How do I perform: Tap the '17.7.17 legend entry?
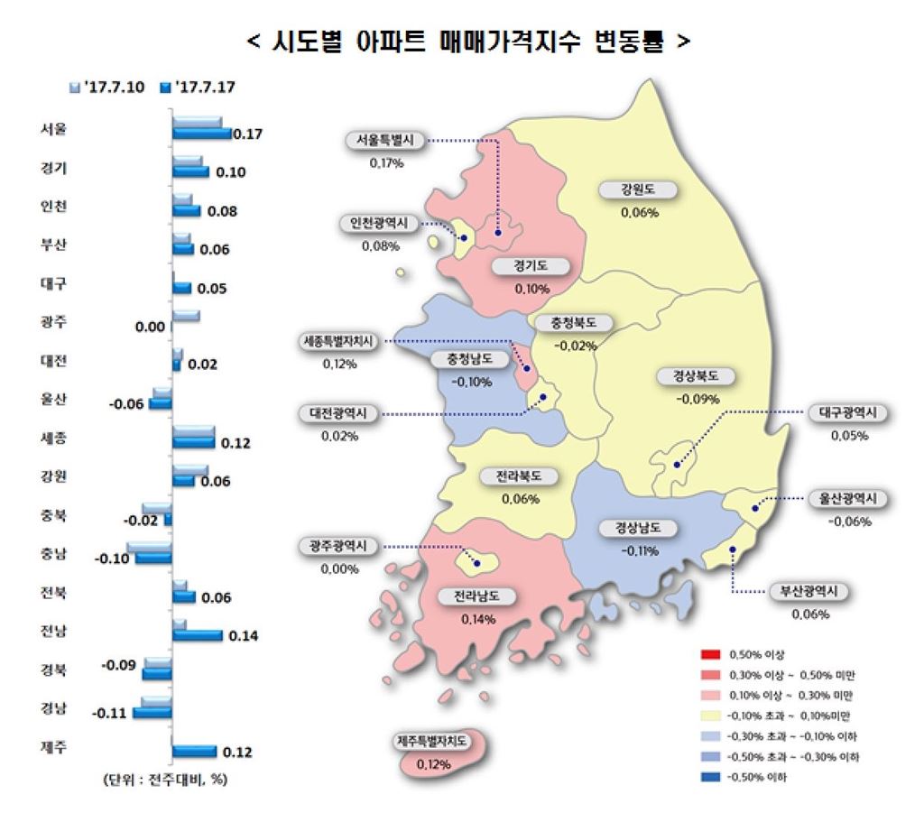click(x=202, y=88)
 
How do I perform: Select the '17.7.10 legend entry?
click(x=113, y=88)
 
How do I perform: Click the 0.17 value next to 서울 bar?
click(x=246, y=134)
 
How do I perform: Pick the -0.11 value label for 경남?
click(x=110, y=714)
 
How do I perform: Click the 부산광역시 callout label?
click(x=809, y=592)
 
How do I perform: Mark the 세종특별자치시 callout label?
click(x=339, y=342)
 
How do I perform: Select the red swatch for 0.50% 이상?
click(x=709, y=653)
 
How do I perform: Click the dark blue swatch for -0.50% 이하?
click(x=709, y=778)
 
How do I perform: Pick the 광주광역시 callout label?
click(x=339, y=547)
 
